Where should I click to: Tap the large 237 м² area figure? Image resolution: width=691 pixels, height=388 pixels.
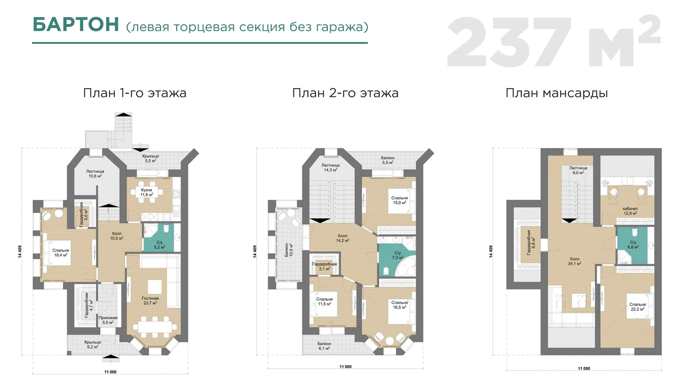pos(554,42)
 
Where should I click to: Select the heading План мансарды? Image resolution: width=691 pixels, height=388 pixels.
pos(557,93)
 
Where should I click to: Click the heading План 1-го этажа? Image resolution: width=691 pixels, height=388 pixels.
pos(135,93)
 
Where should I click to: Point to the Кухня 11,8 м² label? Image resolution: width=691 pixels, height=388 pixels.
pos(146,192)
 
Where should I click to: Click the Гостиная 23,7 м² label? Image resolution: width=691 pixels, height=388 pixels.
pos(150,301)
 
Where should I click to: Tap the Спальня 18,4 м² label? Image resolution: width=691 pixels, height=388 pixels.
pos(61,253)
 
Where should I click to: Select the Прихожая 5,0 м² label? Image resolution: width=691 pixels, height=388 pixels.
pos(108,320)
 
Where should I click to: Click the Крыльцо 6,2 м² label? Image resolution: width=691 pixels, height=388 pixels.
pos(92,345)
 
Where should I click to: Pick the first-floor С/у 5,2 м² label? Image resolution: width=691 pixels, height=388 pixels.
pos(159,245)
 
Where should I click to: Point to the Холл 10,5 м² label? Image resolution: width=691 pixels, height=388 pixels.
pos(117,236)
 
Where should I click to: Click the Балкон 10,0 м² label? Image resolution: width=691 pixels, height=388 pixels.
pos(289,250)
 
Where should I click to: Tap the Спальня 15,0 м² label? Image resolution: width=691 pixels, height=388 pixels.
pos(399,200)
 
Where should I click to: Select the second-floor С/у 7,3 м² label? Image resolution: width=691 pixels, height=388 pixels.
pos(398,255)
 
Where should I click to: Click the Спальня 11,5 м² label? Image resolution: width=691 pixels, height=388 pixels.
pos(324,301)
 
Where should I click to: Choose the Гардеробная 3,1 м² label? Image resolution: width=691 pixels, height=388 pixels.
pos(324,266)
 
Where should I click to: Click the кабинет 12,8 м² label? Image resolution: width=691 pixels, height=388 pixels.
pos(630,211)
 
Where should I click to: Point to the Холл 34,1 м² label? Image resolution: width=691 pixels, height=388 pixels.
pos(574,261)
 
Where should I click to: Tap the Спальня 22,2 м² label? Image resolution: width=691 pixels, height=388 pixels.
pos(637,307)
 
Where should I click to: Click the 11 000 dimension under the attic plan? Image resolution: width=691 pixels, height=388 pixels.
pos(584,369)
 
